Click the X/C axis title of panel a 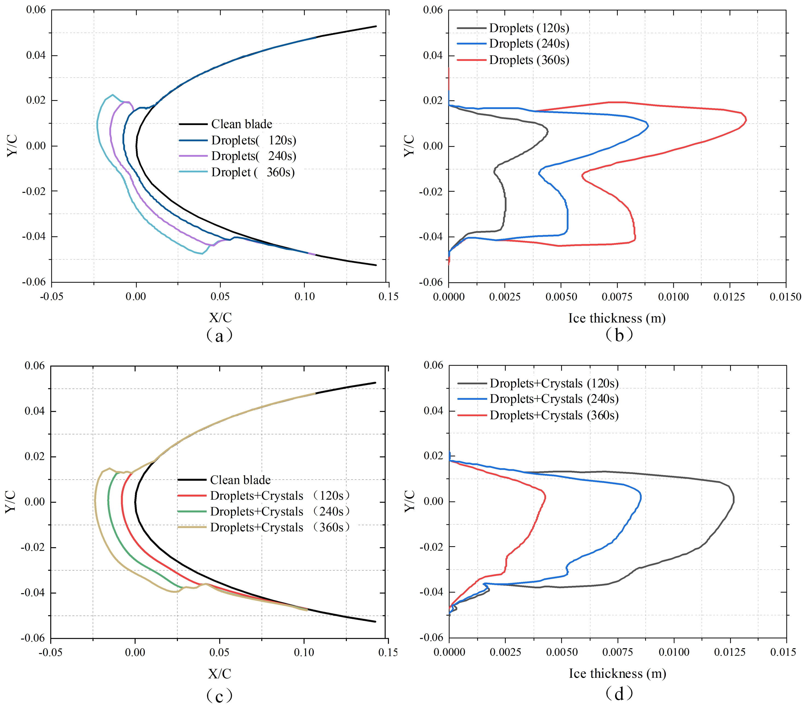click(x=220, y=318)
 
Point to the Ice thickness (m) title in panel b click(x=617, y=318)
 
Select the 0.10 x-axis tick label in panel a click(x=305, y=297)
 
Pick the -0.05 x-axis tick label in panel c click(x=50, y=652)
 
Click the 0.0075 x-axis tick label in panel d click(x=617, y=652)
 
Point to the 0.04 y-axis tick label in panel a click(x=36, y=55)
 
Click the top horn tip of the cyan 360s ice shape click(x=113, y=95)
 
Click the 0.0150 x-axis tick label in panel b click(x=785, y=297)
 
